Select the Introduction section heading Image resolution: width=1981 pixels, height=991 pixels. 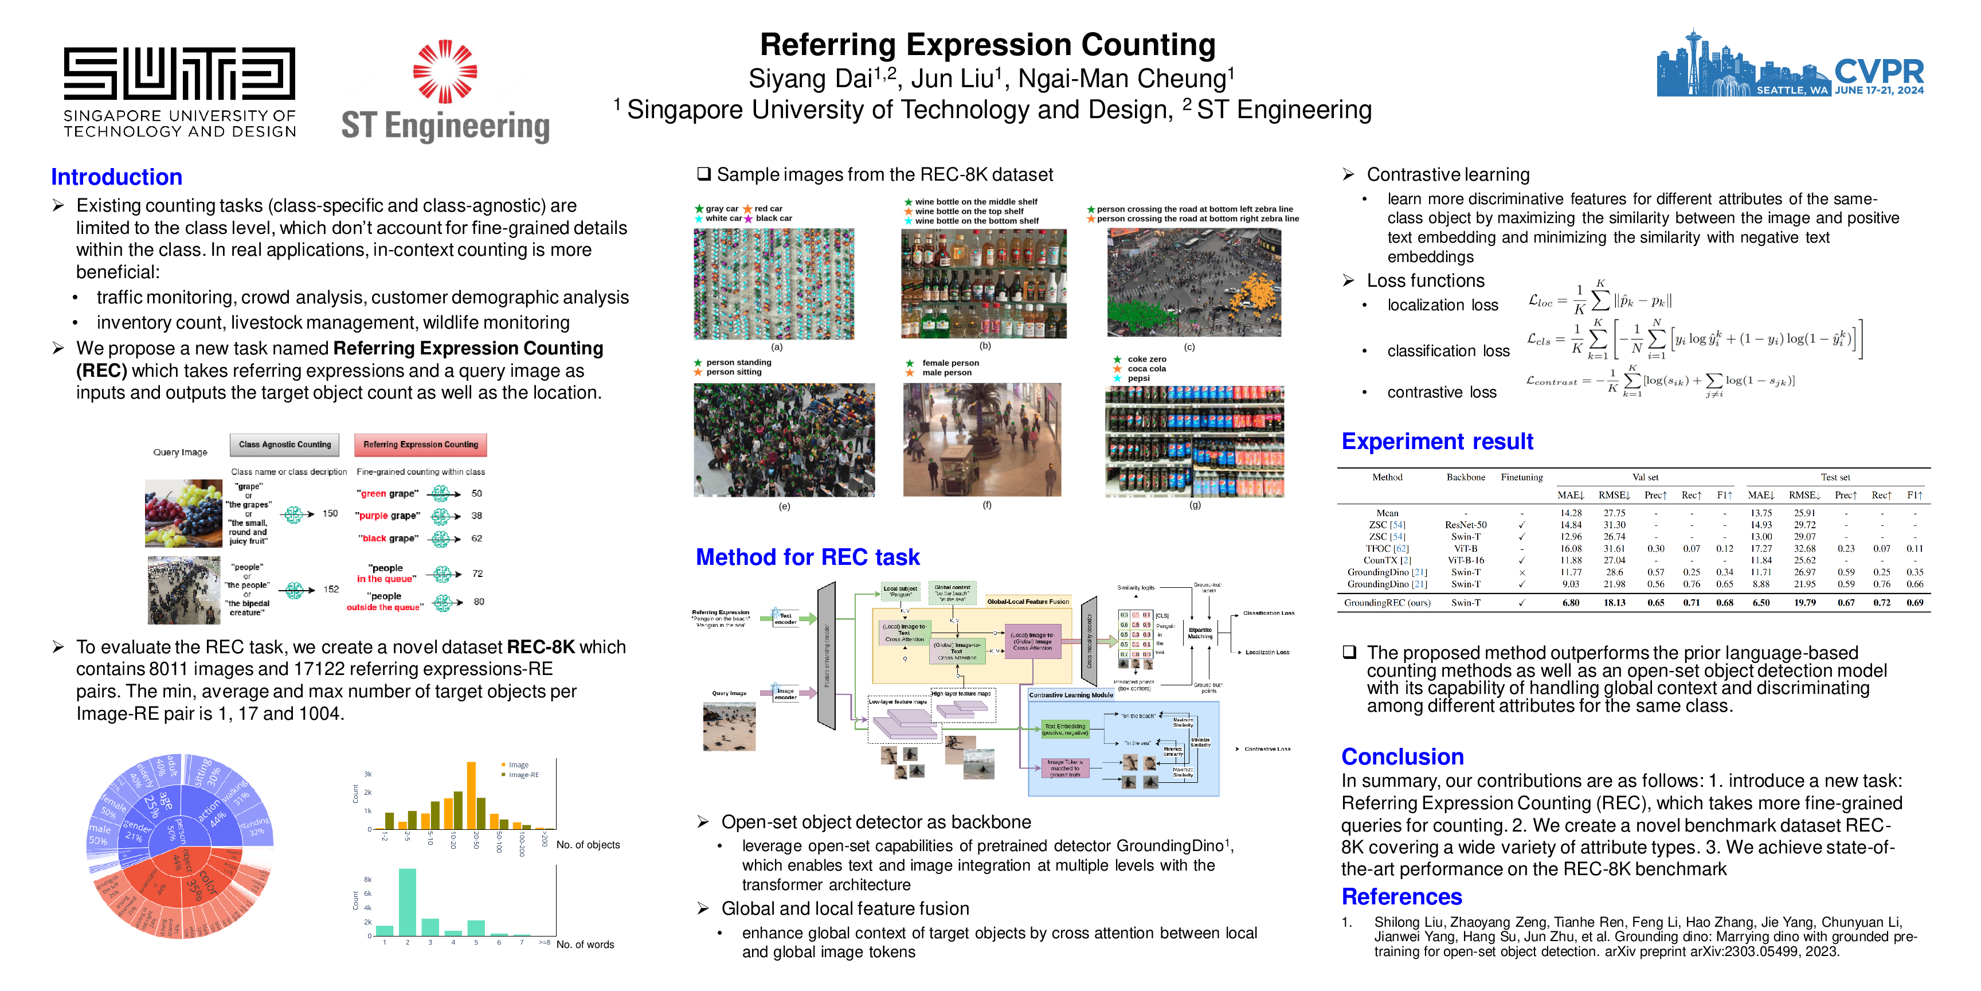coord(117,177)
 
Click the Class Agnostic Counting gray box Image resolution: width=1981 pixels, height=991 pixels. coord(284,444)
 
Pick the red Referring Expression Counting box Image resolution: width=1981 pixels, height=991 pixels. coord(420,444)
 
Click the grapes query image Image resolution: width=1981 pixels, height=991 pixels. coord(183,513)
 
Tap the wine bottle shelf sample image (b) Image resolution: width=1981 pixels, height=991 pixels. coord(984,284)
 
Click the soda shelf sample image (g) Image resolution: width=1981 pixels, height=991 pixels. coord(1195,441)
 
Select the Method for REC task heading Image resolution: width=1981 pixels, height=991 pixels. coord(808,557)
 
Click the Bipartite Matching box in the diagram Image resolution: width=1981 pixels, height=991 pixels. coord(1200,633)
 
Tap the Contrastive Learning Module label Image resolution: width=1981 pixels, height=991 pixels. coord(1071,695)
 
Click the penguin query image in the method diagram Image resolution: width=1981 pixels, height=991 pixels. coord(729,726)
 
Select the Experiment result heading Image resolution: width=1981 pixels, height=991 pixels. coord(1436,442)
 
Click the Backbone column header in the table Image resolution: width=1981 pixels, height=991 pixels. coord(1465,477)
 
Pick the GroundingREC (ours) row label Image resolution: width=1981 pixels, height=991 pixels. coord(1387,602)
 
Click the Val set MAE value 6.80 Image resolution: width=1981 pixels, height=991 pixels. coord(1571,602)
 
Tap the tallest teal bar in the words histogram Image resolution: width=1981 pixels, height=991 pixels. coord(407,902)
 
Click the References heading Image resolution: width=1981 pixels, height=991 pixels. coord(1401,896)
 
